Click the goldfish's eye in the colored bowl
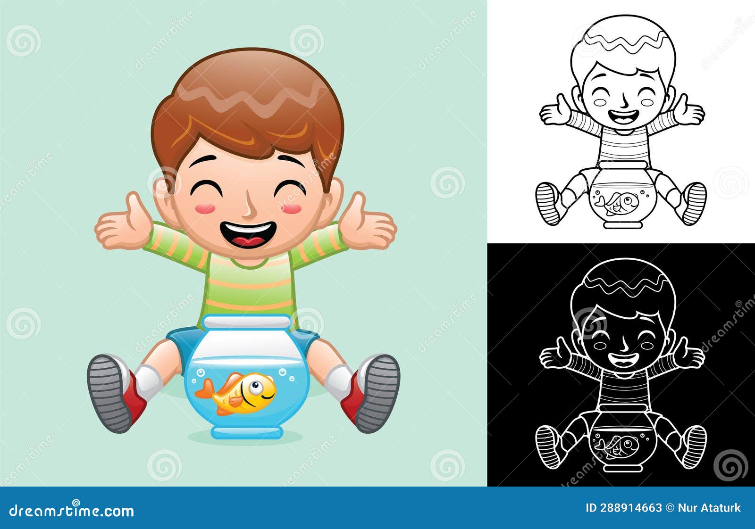255,387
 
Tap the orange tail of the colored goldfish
204,389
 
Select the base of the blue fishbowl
246,432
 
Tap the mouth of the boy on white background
624,117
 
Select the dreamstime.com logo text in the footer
72,511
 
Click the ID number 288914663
630,508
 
